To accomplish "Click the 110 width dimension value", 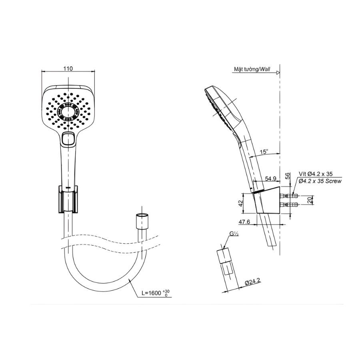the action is click(68, 68).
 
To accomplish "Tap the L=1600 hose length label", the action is click(152, 293).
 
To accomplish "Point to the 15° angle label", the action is click(264, 152).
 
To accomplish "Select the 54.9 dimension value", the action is click(270, 178).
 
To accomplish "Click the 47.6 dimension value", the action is click(244, 222).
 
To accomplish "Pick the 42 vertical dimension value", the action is click(240, 204).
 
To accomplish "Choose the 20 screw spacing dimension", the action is click(310, 200).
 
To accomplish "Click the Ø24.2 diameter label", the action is click(252, 282).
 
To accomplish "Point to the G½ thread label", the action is click(234, 234).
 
